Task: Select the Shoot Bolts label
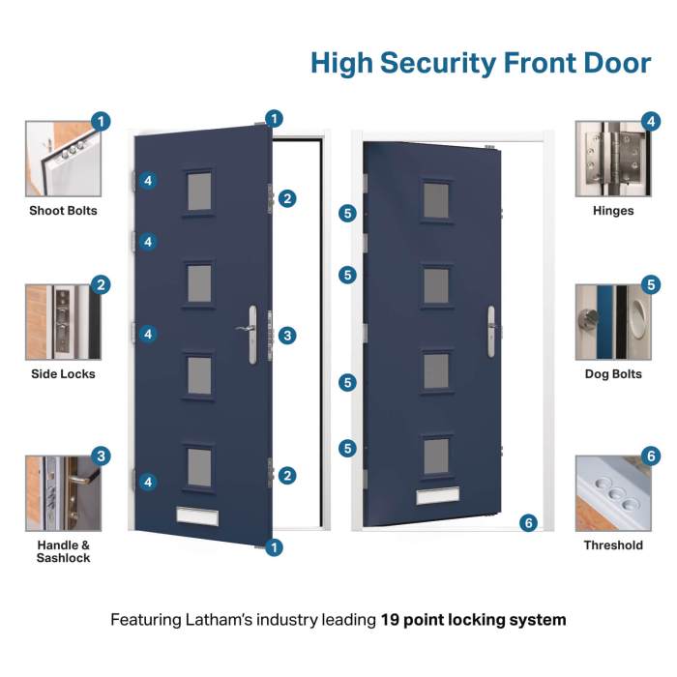(x=63, y=211)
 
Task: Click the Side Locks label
(x=63, y=374)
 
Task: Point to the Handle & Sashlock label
(x=63, y=551)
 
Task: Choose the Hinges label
(x=613, y=211)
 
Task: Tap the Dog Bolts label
(x=613, y=374)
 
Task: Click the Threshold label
(x=613, y=545)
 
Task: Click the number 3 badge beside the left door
(x=287, y=336)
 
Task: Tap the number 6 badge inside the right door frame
(x=527, y=523)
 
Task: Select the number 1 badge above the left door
(x=275, y=119)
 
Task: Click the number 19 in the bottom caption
(x=394, y=619)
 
